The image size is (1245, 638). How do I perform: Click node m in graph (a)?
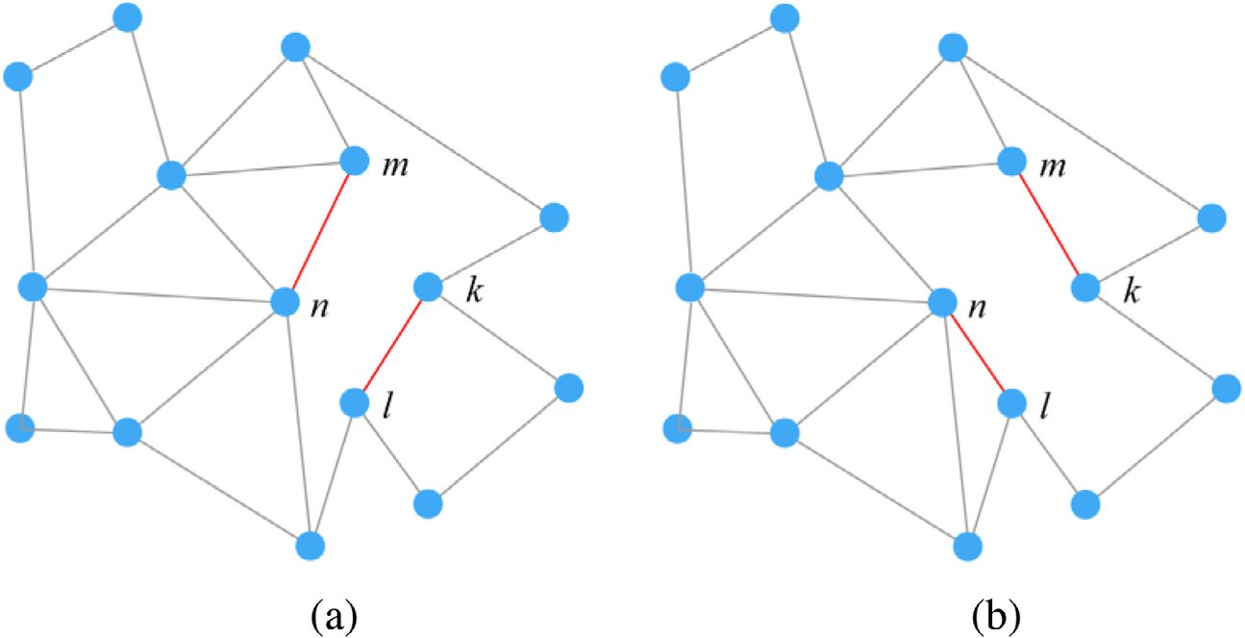[355, 161]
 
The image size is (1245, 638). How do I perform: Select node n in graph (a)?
[286, 301]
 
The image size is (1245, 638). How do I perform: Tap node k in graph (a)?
[427, 287]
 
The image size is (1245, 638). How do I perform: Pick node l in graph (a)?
[354, 402]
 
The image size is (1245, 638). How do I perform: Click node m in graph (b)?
[1011, 161]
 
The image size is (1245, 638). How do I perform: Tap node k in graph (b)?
[1084, 287]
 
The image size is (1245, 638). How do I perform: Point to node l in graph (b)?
[1011, 402]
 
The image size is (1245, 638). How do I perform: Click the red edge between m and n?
[320, 231]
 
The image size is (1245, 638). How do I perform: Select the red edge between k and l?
[390, 345]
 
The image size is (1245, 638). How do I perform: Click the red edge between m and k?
[1048, 224]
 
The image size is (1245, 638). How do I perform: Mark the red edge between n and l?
[977, 352]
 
